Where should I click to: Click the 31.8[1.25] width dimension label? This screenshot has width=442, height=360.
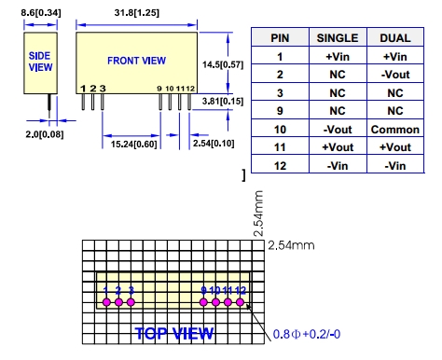(x=137, y=13)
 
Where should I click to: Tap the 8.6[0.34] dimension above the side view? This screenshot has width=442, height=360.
(x=41, y=13)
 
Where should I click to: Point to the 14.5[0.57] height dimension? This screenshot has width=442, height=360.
(x=223, y=64)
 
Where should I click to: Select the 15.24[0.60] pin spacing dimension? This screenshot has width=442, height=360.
(x=134, y=145)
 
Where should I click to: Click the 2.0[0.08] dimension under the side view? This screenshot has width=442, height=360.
(x=45, y=134)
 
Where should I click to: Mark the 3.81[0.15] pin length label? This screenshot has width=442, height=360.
(x=223, y=101)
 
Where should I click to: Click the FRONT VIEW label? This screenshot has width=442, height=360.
(x=137, y=61)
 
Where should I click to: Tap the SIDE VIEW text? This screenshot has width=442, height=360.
(x=40, y=62)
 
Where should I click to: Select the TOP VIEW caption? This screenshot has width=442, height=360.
(x=174, y=334)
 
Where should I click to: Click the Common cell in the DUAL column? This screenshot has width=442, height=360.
(x=395, y=130)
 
